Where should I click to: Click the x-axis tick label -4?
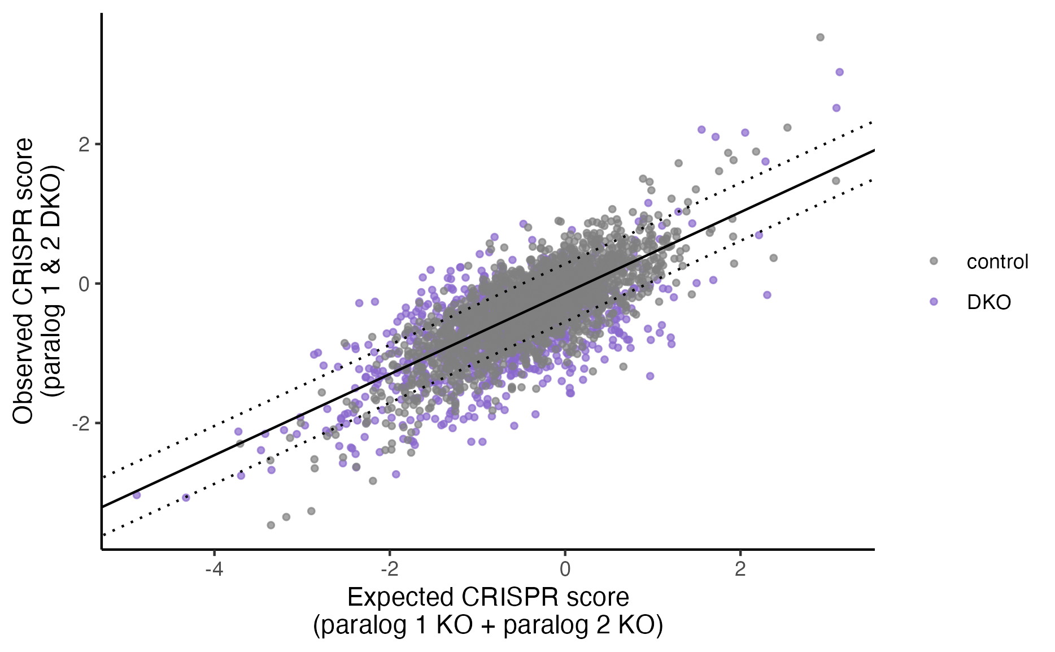point(213,569)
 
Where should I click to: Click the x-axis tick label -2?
point(389,569)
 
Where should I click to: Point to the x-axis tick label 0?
point(565,569)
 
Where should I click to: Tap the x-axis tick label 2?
point(740,569)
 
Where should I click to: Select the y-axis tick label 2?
point(85,144)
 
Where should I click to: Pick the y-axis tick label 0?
point(85,284)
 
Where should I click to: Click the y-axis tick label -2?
point(81,423)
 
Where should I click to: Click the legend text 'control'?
point(997,262)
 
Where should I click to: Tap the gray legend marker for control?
point(934,261)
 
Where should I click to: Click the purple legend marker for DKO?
point(934,302)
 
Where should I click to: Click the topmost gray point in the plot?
point(820,37)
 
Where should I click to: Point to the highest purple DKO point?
point(839,72)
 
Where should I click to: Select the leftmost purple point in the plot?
point(136,495)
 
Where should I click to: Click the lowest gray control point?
point(271,525)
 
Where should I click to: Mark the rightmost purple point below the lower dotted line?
point(767,295)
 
